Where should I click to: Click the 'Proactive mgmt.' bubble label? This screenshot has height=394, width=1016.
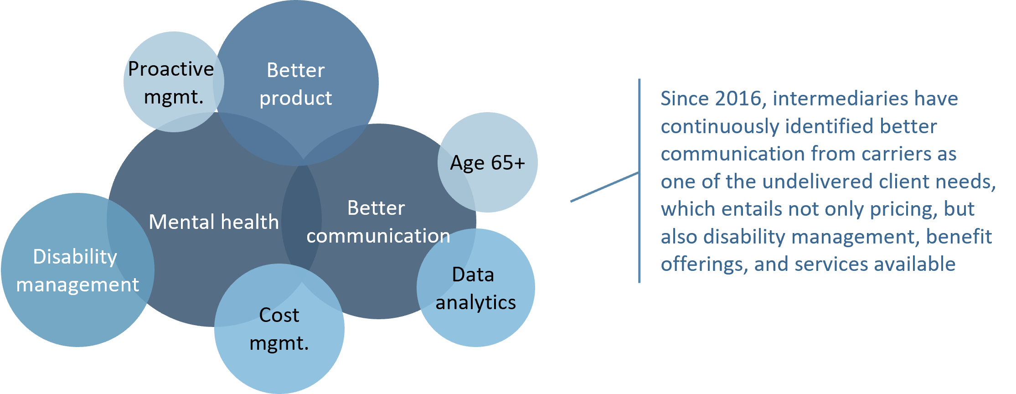click(x=171, y=83)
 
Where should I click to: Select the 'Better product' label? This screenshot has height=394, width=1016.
click(x=296, y=84)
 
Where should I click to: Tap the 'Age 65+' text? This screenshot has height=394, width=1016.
click(x=488, y=163)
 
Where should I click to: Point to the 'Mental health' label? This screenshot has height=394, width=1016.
click(x=214, y=222)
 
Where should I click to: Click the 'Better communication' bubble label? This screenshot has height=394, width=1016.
click(x=378, y=222)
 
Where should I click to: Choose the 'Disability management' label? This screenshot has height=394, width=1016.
click(x=77, y=270)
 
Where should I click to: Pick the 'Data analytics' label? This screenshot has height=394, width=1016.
click(x=476, y=288)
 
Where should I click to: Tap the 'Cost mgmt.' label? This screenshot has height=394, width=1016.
click(x=279, y=329)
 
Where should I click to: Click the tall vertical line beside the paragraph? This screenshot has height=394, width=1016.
click(x=640, y=181)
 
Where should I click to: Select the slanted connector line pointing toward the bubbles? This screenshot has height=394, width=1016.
click(x=604, y=187)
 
